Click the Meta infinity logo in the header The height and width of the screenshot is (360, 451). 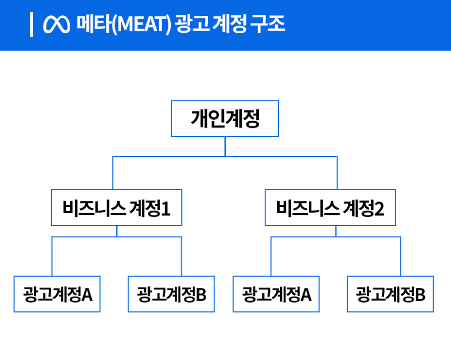[x=56, y=24]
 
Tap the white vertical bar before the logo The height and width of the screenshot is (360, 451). [x=32, y=25]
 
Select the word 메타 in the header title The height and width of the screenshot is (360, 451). [x=94, y=24]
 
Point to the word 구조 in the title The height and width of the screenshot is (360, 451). [x=267, y=24]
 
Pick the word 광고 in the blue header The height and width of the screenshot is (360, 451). [x=192, y=24]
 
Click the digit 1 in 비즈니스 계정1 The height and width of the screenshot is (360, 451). [x=166, y=209]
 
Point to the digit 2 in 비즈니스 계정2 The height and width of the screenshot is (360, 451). [x=379, y=209]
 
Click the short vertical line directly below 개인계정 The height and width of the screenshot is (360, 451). [x=225, y=147]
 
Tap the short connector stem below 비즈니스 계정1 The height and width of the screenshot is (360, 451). [x=117, y=231]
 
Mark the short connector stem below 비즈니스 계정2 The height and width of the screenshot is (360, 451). [x=335, y=231]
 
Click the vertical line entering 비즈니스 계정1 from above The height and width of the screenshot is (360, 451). [x=112, y=173]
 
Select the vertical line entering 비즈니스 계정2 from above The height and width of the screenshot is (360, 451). [x=337, y=173]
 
